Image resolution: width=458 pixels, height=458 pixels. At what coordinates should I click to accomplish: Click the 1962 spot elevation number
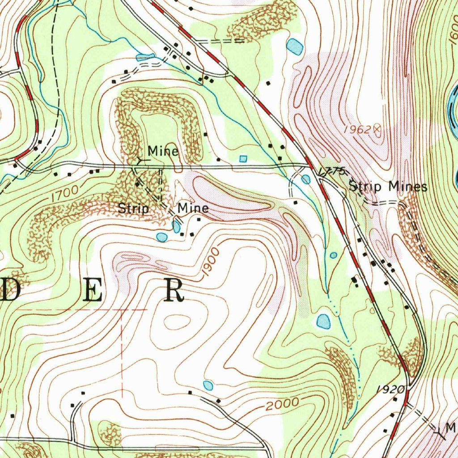click(357, 130)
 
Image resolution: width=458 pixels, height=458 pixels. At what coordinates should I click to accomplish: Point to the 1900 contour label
click(211, 264)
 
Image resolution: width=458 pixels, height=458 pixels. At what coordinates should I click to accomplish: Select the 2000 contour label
click(282, 404)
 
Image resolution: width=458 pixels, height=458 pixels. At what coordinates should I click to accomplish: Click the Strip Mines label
click(388, 187)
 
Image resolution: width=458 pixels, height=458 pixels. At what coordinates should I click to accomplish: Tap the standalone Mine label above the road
click(163, 151)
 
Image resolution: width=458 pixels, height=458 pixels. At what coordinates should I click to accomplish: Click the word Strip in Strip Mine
click(133, 208)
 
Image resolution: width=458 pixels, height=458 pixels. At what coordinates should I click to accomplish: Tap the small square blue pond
click(243, 159)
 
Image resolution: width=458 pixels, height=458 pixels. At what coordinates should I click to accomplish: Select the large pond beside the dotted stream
click(323, 321)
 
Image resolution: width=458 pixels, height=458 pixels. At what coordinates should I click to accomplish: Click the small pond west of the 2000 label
click(208, 385)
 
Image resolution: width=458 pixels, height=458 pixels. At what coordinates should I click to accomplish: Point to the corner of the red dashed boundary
click(122, 310)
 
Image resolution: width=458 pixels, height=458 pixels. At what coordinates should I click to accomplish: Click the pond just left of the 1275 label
click(305, 179)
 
